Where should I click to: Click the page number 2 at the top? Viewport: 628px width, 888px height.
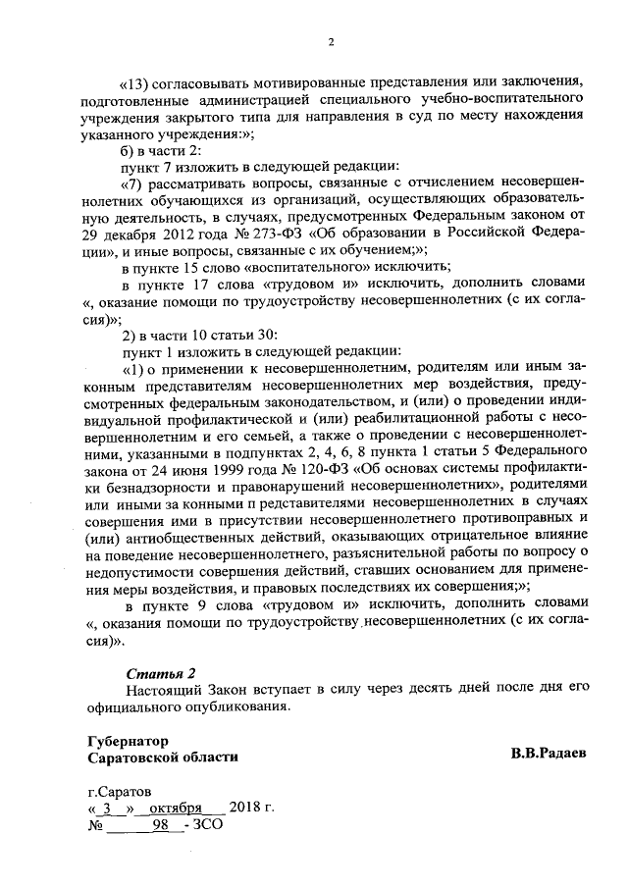point(331,40)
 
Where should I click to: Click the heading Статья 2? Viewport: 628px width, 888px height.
point(162,672)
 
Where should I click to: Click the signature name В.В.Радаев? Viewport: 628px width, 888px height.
point(549,755)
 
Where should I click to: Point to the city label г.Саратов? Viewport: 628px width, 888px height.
point(120,791)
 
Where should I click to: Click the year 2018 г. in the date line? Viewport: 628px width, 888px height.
point(251,809)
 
